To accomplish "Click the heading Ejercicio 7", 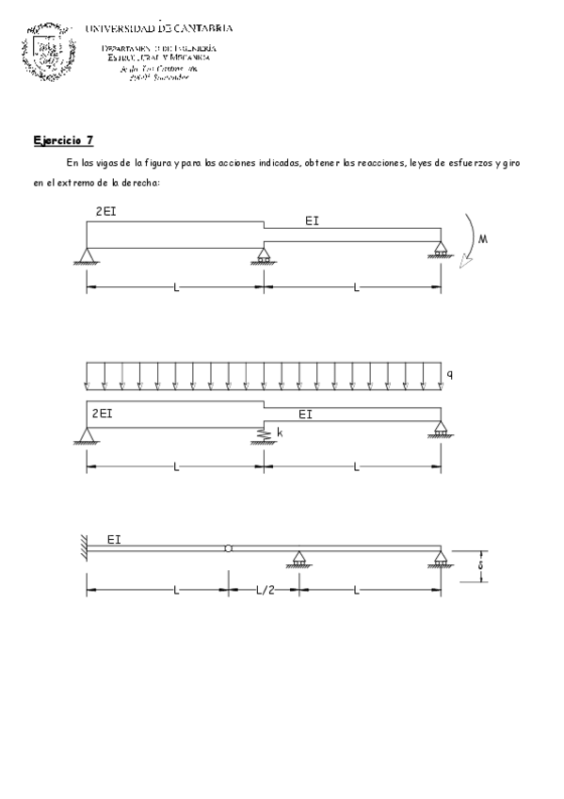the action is pos(63,140).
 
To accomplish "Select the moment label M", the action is pos(483,240).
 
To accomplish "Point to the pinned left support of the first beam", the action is pos(87,255).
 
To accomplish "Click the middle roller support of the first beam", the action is pos(264,255).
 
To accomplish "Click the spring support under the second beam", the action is pos(264,434).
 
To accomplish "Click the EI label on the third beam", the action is pos(113,540).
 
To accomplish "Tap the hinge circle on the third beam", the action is pos(228,548).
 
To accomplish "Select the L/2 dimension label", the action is pos(265,591).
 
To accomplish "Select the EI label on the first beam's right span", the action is pos(313,221).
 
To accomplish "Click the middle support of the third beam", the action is pos(298,559).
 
